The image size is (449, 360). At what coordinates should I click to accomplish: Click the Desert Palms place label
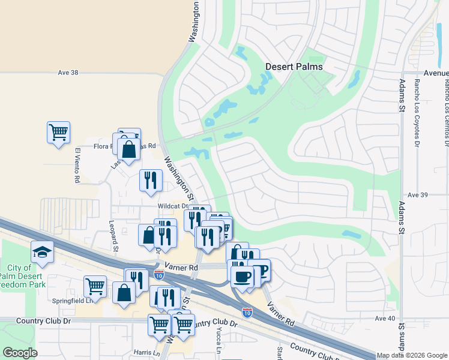[294, 67]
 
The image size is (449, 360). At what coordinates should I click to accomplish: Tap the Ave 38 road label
[68, 73]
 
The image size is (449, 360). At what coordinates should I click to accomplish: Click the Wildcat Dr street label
[173, 206]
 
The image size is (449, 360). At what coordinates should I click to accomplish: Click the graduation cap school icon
[42, 252]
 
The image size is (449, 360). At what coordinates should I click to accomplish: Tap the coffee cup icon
[243, 276]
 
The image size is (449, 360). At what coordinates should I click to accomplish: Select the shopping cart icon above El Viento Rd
[58, 131]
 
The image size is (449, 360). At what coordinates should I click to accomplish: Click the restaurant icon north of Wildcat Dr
[151, 179]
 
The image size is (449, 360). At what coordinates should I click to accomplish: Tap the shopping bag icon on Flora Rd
[129, 149]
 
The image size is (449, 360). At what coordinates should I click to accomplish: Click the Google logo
[20, 353]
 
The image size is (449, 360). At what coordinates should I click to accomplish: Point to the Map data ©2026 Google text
[412, 356]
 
